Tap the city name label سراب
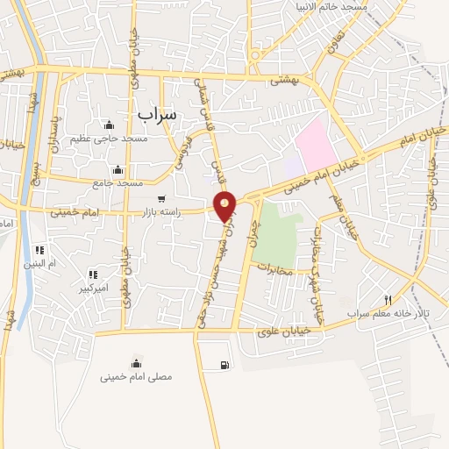point(157,114)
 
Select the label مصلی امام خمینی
point(136,377)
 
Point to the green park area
point(280,232)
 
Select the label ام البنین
point(39,263)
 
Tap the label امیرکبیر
point(93,288)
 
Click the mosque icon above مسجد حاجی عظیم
point(109,125)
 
